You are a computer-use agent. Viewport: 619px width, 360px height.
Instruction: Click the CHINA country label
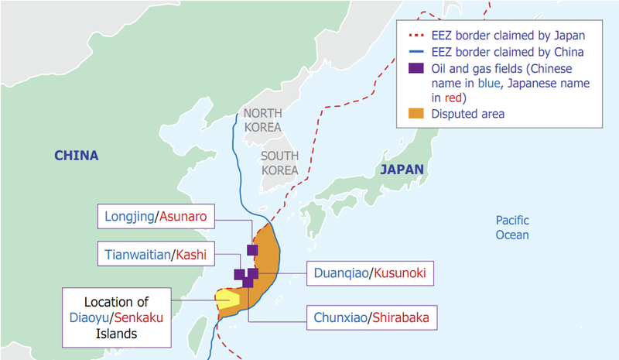[76, 156]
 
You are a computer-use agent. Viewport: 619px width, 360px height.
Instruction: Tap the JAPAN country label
[401, 170]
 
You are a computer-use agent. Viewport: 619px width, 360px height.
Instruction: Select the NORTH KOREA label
[262, 120]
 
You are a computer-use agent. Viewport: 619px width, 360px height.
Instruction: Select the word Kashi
[192, 255]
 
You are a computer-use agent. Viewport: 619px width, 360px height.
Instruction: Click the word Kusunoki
[398, 273]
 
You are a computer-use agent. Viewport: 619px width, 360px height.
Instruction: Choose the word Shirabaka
[401, 317]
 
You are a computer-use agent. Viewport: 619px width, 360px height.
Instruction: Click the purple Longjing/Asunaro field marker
[252, 249]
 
